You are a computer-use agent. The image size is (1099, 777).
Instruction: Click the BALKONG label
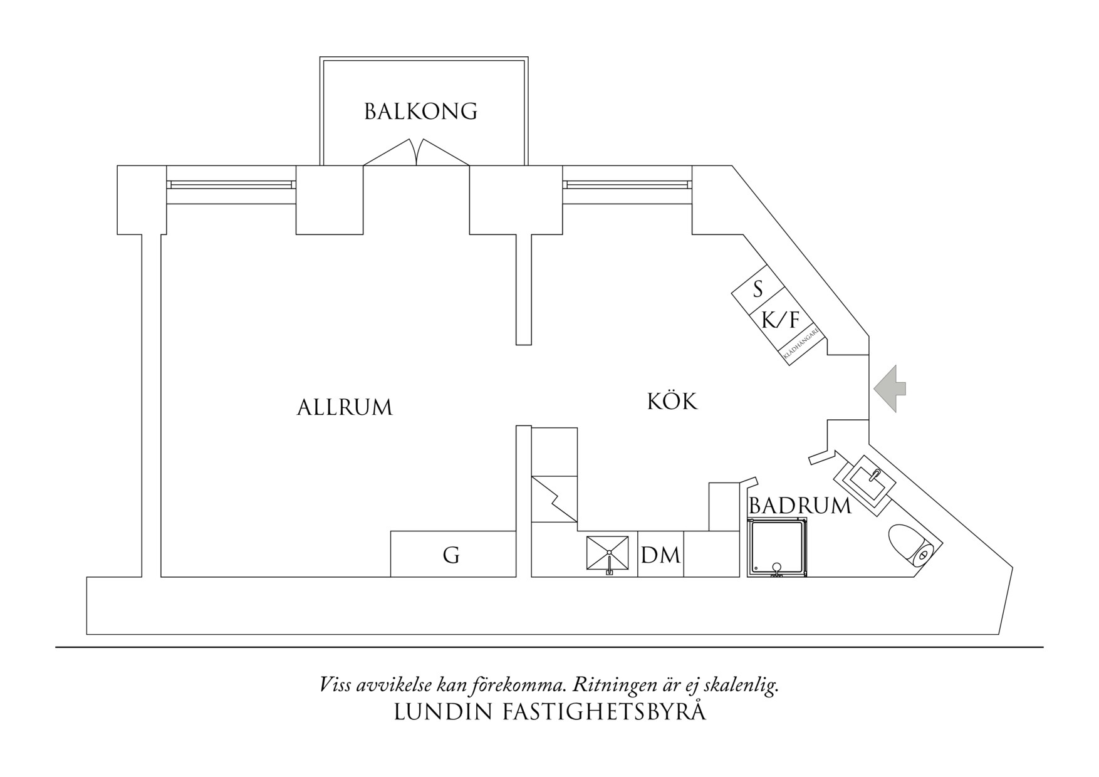[420, 112]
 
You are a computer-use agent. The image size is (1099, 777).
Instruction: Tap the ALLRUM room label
[344, 408]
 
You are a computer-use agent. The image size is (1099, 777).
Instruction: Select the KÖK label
[672, 401]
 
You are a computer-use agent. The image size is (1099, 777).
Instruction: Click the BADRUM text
[800, 506]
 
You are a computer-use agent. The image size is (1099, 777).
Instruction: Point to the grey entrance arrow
[890, 388]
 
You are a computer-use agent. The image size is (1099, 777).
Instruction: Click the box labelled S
[758, 290]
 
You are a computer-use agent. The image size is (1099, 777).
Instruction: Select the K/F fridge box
[781, 320]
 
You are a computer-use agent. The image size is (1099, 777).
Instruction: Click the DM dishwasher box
[660, 555]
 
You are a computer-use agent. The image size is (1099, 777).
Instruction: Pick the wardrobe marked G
[452, 555]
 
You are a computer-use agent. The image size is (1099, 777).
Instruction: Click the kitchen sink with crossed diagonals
[607, 553]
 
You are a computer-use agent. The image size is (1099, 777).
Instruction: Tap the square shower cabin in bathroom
[777, 547]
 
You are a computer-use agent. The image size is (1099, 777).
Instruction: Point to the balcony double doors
[416, 154]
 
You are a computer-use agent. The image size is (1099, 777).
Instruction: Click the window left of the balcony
[231, 185]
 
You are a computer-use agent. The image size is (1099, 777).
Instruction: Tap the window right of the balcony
[627, 185]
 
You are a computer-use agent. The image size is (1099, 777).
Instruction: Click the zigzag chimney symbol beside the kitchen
[554, 499]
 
